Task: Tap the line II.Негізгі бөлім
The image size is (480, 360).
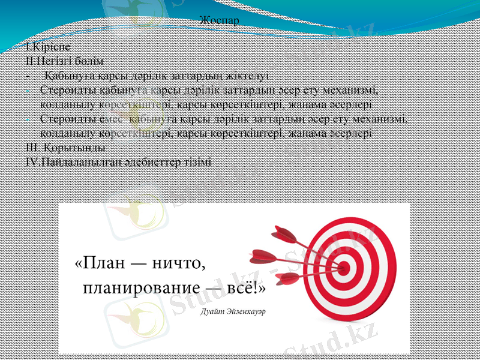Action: click(x=65, y=61)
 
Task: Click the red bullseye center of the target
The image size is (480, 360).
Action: click(x=344, y=266)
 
